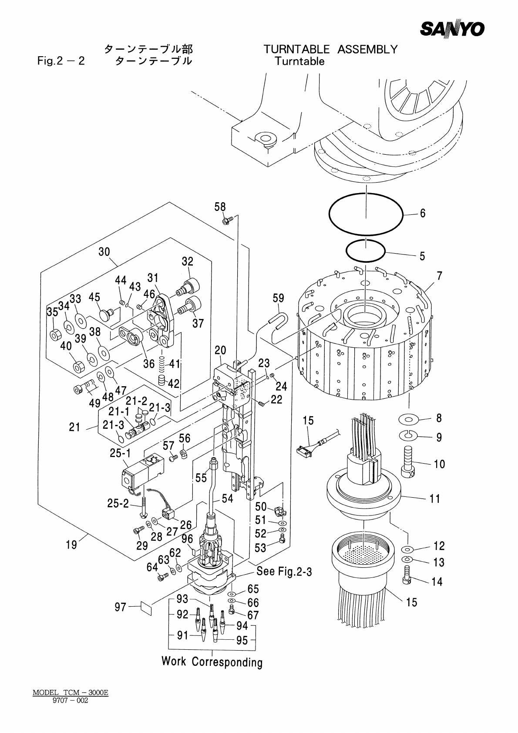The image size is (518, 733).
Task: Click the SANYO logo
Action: point(452,30)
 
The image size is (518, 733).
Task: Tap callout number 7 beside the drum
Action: point(440,276)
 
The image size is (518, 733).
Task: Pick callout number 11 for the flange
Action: point(435,499)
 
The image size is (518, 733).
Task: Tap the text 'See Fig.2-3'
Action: point(284,571)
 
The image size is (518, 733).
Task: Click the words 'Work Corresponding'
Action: point(212,662)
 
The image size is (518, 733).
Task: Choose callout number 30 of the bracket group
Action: point(104,252)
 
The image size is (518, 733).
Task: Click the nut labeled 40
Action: point(78,367)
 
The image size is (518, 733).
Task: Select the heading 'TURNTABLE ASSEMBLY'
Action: point(330,49)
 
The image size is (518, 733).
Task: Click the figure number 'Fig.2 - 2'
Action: point(61,61)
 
